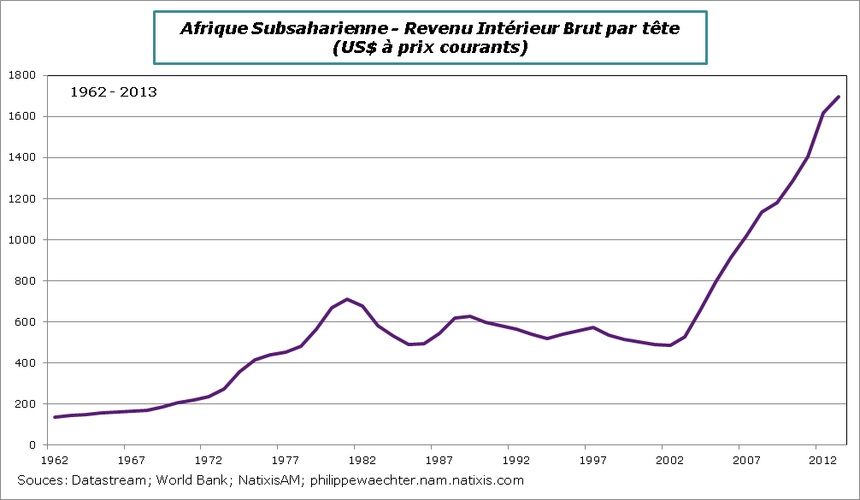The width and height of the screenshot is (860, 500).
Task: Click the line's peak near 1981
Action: pos(346,299)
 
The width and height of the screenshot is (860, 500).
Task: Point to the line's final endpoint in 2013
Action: pos(839,97)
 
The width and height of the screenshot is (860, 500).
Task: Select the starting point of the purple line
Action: pos(55,417)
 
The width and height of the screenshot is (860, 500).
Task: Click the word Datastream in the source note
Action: pos(105,480)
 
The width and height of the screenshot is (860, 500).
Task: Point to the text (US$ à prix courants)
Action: pos(429,48)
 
